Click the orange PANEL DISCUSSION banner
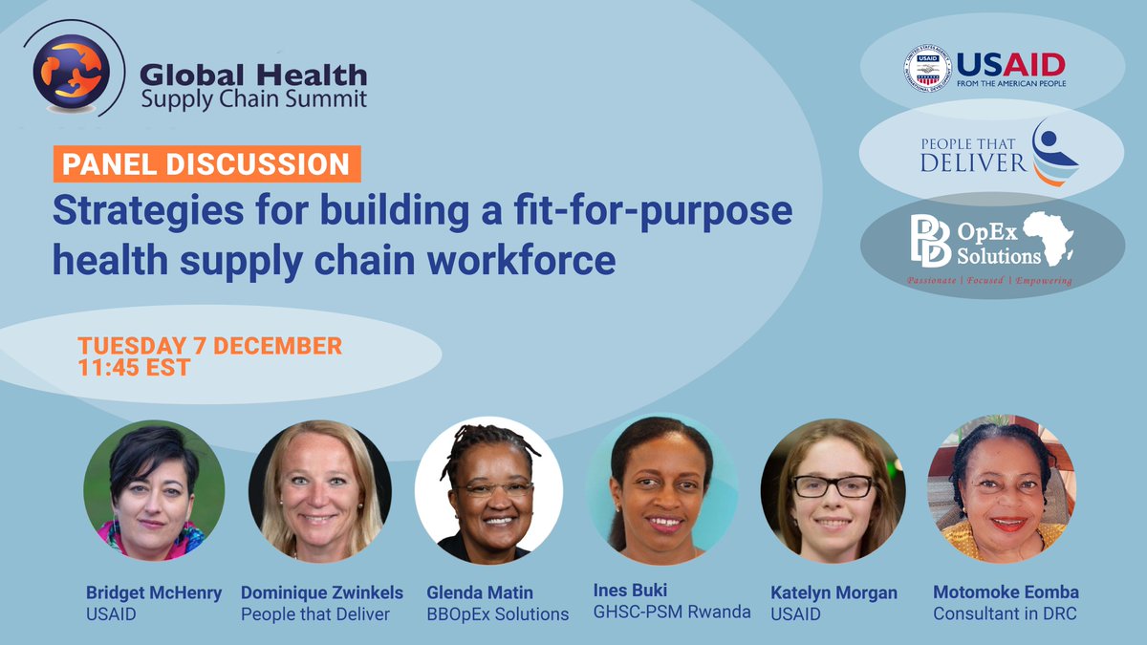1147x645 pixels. tap(206, 163)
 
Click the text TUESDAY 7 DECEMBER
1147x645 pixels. tap(209, 345)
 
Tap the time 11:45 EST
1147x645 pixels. tap(134, 367)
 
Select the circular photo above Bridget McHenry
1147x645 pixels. tap(154, 490)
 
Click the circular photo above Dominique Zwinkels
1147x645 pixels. tap(319, 490)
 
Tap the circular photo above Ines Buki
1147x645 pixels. tap(661, 490)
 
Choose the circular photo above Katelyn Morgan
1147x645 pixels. tap(831, 490)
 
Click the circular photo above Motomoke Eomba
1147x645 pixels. tap(1001, 490)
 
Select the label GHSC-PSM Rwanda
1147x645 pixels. tap(673, 613)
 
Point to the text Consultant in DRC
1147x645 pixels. tap(1005, 613)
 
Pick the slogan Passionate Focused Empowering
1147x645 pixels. tap(989, 281)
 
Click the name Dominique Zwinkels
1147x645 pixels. tap(323, 592)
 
